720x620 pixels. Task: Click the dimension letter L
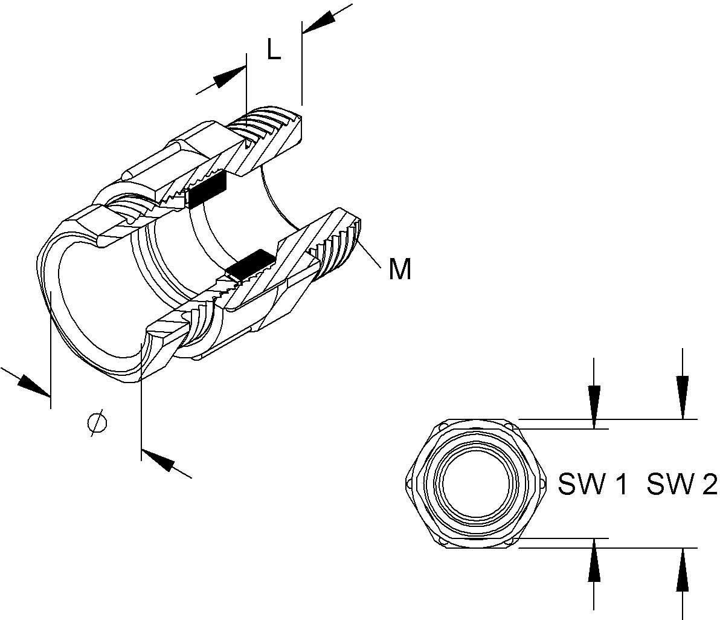point(274,51)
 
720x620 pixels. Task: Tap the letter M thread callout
point(400,269)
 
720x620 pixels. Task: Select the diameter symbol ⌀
point(97,422)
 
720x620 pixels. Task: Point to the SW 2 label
point(682,484)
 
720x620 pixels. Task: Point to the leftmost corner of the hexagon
point(405,482)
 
